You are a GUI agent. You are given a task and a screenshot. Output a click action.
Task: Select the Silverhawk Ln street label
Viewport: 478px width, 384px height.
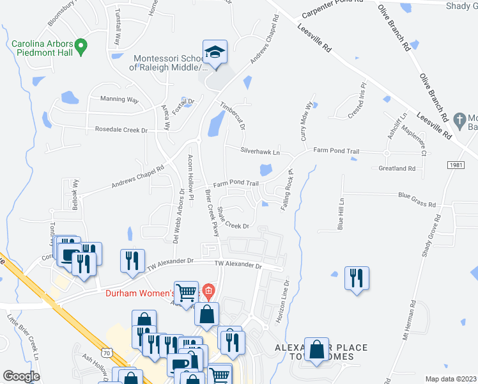point(260,152)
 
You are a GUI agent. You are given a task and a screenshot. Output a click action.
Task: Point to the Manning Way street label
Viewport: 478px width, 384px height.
point(119,100)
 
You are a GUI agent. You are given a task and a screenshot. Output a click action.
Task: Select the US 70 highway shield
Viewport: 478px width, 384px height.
point(107,352)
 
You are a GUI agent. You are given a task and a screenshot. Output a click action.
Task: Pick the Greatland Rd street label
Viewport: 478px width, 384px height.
point(397,168)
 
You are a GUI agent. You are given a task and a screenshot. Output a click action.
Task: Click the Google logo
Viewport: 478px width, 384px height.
point(21,376)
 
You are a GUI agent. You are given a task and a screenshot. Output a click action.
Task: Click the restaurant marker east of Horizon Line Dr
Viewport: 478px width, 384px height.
point(357,278)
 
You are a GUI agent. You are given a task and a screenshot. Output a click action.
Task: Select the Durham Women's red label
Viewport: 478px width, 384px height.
point(139,294)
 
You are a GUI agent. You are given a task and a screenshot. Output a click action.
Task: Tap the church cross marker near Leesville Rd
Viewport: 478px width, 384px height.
point(458,119)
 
